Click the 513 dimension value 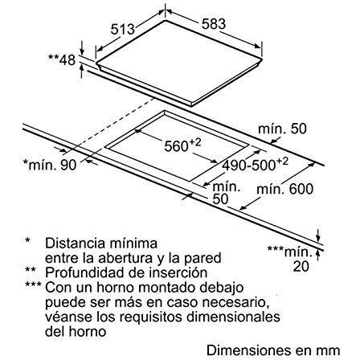pyautogui.click(x=122, y=29)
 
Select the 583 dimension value pyautogui.click(x=214, y=24)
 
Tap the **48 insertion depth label pyautogui.click(x=62, y=59)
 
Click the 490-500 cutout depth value pyautogui.click(x=255, y=164)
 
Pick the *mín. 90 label pyautogui.click(x=50, y=165)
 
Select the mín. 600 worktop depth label pyautogui.click(x=284, y=189)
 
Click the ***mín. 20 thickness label pyautogui.click(x=290, y=259)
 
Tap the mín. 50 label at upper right pyautogui.click(x=282, y=129)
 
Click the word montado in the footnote pyautogui.click(x=168, y=288)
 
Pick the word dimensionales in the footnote pyautogui.click(x=233, y=317)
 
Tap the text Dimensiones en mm pyautogui.click(x=273, y=350)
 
